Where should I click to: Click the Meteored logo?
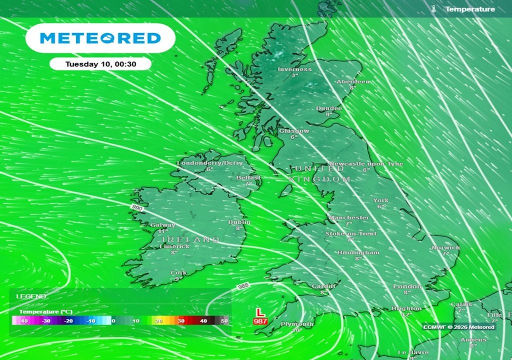(100, 38)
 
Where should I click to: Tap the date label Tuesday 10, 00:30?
(100, 64)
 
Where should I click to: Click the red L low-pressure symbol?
(259, 312)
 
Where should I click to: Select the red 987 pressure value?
(260, 321)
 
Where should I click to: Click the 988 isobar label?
(243, 285)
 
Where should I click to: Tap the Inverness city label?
(294, 69)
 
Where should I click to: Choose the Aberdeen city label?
(353, 81)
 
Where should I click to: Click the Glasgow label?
(294, 131)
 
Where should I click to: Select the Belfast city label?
(249, 178)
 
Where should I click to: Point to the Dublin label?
(239, 222)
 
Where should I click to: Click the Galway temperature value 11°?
(163, 231)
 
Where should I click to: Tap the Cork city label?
(178, 273)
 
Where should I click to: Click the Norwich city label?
(445, 247)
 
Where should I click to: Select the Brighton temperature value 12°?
(406, 315)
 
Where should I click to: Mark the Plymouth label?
(297, 324)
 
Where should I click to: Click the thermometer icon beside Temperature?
(434, 9)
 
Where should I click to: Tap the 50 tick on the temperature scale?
(224, 321)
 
